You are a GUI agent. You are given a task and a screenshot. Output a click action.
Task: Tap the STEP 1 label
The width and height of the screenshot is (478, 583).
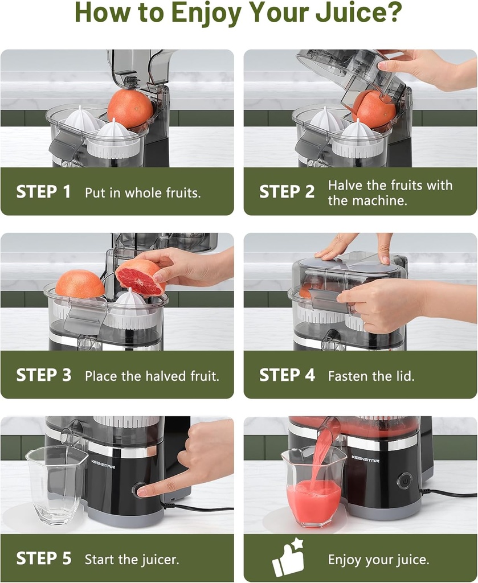[x=43, y=192]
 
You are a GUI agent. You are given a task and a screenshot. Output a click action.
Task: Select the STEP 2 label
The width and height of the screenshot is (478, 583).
[x=287, y=192]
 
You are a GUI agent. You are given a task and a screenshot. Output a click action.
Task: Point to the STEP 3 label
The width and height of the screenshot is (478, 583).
[x=43, y=375]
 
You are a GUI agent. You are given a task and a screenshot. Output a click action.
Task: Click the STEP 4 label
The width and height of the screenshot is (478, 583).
[x=287, y=375]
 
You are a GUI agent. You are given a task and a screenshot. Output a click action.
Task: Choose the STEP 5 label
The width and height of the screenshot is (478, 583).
[x=43, y=559]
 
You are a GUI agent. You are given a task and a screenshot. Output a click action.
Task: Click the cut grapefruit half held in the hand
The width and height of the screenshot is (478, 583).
[x=140, y=277]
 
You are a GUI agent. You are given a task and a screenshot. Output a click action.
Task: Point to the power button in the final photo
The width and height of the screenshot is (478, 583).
[x=405, y=480]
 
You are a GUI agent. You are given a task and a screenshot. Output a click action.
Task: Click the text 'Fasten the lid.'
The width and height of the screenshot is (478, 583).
[x=371, y=376]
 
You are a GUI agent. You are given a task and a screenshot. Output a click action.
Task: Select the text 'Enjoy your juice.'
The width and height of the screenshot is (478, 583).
[x=378, y=559]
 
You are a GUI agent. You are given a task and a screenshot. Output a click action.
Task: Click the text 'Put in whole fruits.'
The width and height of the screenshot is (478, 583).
[x=142, y=192]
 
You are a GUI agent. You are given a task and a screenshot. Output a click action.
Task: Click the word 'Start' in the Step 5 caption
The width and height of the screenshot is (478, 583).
[x=99, y=559]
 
